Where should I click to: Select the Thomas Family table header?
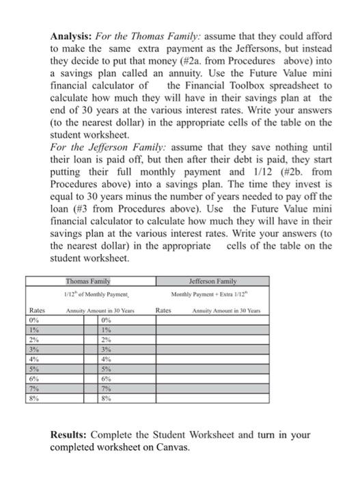92,281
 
